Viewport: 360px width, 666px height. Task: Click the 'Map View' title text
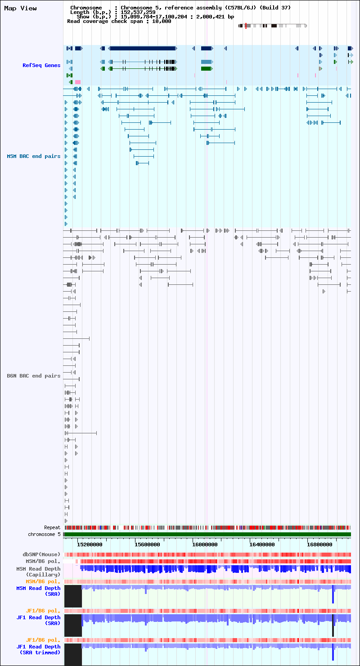(x=20, y=8)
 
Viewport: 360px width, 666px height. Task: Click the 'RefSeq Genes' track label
(x=41, y=65)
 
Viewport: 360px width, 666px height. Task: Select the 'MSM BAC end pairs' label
(x=34, y=157)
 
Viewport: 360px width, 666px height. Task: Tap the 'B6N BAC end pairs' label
(x=34, y=376)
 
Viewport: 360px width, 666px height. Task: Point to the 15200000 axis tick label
(x=90, y=544)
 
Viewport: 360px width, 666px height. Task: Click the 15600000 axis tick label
(x=147, y=544)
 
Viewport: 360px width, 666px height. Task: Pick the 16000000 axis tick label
(x=205, y=544)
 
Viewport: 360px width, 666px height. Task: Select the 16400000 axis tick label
(x=262, y=544)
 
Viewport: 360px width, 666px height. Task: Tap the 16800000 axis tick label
(x=319, y=544)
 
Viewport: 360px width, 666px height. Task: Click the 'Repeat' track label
(x=52, y=528)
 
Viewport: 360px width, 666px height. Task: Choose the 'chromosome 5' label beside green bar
(x=44, y=534)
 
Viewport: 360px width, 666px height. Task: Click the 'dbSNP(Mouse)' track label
(x=41, y=554)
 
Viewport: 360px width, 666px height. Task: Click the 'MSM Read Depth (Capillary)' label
(x=38, y=572)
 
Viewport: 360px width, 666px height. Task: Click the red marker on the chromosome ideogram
(x=246, y=26)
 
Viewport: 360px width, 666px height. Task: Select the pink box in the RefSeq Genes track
(x=78, y=82)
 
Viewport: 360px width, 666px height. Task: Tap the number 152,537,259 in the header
(x=138, y=12)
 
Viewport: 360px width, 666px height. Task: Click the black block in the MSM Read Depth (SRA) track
(x=73, y=596)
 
